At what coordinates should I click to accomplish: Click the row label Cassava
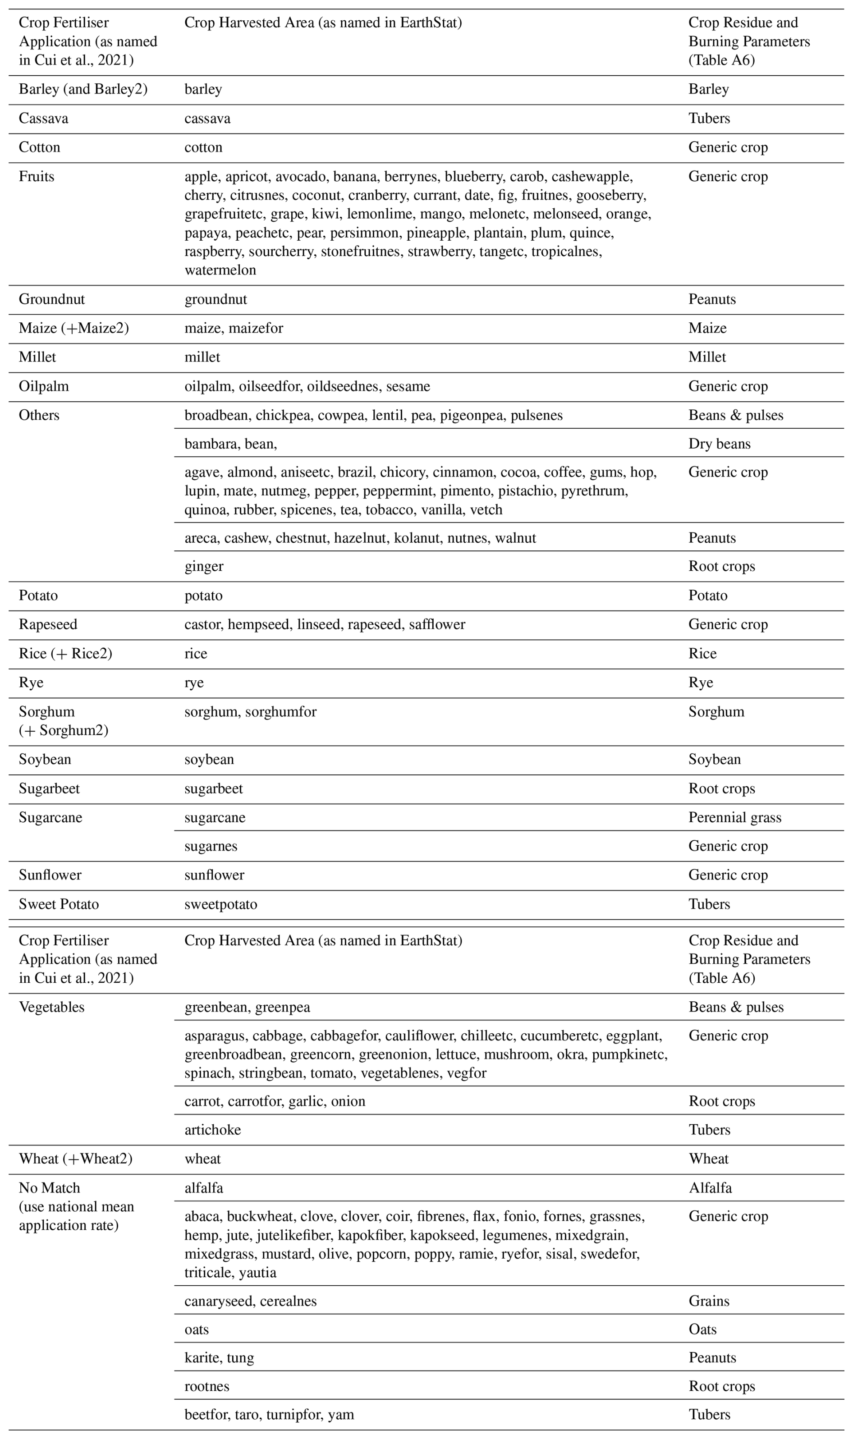[43, 119]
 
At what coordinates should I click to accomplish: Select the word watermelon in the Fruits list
[220, 270]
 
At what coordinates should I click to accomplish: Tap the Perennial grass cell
[734, 817]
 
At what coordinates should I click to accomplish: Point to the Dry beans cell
[719, 444]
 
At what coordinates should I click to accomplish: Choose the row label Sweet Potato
[59, 904]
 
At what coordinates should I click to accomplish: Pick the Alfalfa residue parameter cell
[710, 1187]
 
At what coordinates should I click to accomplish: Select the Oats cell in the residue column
[702, 1329]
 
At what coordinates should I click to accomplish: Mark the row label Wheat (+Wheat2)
[75, 1159]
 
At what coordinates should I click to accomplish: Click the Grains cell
[709, 1301]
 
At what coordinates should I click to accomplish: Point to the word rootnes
[206, 1386]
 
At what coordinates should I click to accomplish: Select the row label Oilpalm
[44, 386]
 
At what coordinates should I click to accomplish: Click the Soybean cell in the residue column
[715, 759]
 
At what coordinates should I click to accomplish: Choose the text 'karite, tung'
[219, 1357]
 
